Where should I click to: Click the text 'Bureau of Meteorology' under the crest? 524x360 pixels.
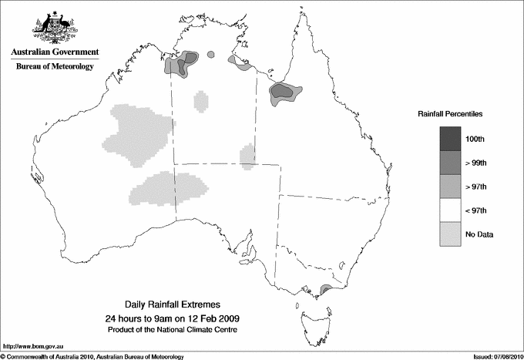click(x=55, y=67)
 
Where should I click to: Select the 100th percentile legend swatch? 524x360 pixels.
click(x=451, y=138)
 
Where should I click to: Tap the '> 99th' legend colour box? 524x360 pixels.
click(x=451, y=162)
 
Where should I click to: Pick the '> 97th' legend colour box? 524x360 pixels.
click(x=451, y=186)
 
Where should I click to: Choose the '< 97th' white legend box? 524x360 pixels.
click(x=451, y=210)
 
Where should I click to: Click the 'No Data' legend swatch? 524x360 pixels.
click(x=451, y=234)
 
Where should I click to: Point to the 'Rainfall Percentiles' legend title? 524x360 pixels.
click(x=450, y=113)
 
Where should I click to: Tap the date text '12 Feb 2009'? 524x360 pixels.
click(x=208, y=318)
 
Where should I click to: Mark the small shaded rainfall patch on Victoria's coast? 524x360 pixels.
click(x=325, y=290)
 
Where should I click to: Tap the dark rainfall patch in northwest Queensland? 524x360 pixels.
click(x=282, y=93)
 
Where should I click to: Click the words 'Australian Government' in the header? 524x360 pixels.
click(x=55, y=52)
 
